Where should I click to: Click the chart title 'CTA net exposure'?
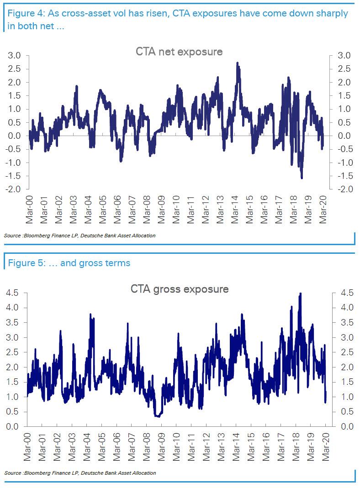point(179,52)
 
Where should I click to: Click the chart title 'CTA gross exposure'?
point(180,289)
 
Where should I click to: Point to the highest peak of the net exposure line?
point(238,63)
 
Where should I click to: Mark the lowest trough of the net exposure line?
point(302,178)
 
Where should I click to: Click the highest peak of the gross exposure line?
point(300,294)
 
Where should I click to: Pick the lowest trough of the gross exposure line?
point(158,416)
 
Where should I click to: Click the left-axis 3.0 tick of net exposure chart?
point(15,56)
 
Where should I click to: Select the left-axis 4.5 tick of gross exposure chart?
point(15,293)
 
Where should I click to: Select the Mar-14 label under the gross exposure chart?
point(236,447)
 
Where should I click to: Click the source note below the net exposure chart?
point(79,236)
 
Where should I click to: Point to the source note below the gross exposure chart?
point(79,473)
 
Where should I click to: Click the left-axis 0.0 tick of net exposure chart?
point(15,136)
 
